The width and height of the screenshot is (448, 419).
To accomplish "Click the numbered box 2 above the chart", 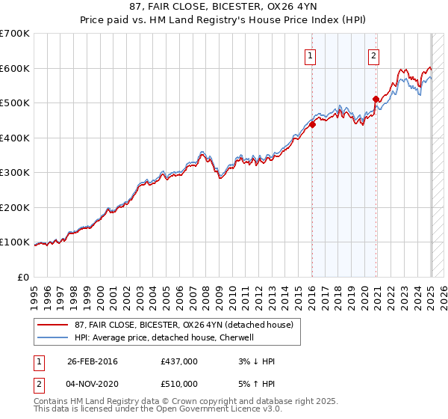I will [x=373, y=55].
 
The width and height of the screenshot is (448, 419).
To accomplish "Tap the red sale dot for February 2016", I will [x=313, y=125].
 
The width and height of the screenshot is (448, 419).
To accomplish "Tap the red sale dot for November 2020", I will [x=376, y=99].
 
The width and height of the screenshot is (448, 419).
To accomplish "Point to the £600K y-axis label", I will [x=15, y=68].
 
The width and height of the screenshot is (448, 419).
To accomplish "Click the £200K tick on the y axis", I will [x=15, y=207].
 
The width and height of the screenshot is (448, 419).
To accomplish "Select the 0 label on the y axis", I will [x=25, y=277].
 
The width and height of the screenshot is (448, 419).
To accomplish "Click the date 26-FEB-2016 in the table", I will [x=93, y=361].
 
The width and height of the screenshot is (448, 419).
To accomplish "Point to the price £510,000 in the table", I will [x=179, y=384].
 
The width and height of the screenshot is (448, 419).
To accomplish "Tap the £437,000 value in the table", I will [x=179, y=361].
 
